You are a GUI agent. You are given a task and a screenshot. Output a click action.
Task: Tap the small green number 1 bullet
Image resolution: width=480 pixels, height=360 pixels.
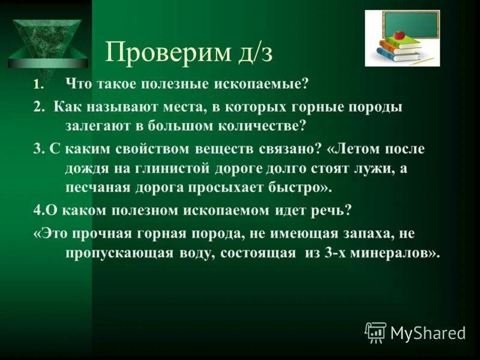click(37, 85)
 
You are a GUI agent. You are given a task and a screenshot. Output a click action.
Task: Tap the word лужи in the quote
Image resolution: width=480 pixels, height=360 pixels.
click(368, 168)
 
